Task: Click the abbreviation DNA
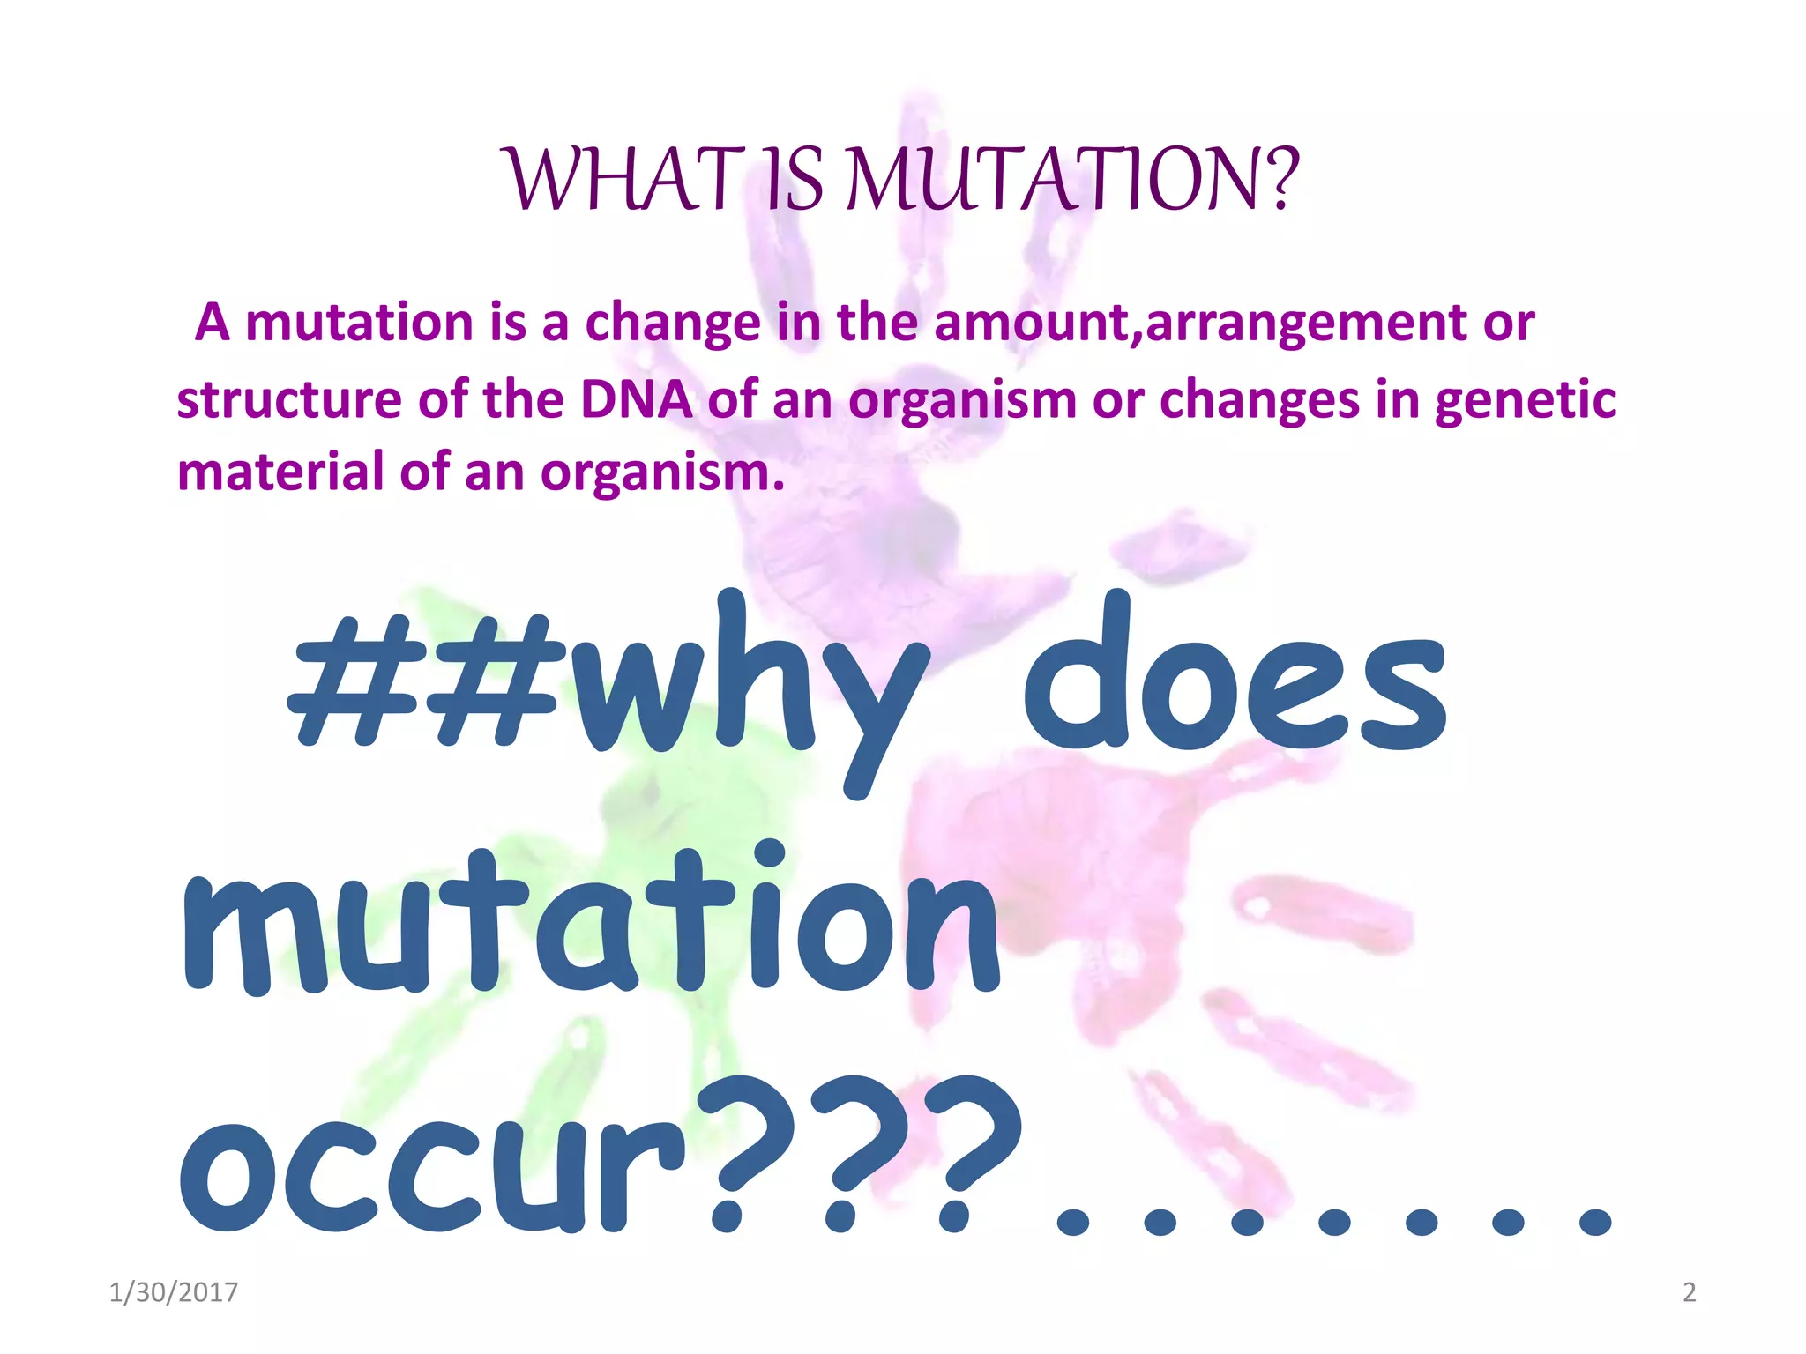click(x=636, y=399)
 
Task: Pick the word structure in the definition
click(x=289, y=399)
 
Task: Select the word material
click(x=280, y=472)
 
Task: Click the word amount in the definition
click(x=1034, y=323)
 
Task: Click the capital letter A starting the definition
click(x=213, y=323)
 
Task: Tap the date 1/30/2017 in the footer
click(x=173, y=1292)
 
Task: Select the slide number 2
click(x=1690, y=1292)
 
